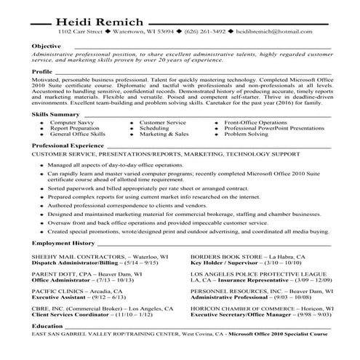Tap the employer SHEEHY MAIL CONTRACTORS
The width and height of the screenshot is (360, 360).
pos(79,257)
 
